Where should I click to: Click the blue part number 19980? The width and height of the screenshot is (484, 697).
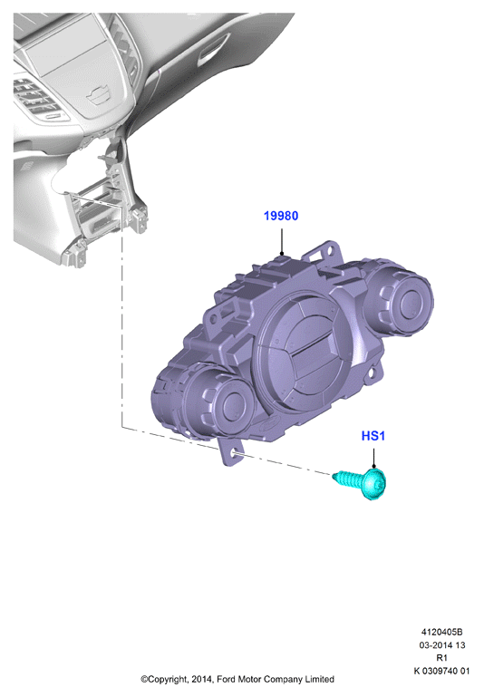click(x=281, y=216)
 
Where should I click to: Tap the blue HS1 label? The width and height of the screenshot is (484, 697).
click(x=373, y=436)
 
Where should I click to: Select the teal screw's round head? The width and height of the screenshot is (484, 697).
click(x=374, y=484)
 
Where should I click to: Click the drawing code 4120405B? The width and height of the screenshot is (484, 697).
click(x=441, y=632)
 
